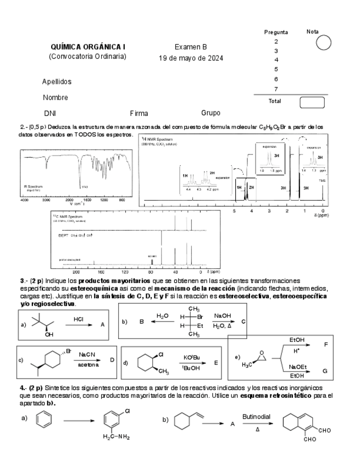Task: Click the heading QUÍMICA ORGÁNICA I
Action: (x=88, y=47)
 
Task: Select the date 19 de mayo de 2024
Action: (x=191, y=58)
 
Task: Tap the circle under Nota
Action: (x=324, y=42)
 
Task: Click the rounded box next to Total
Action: (x=312, y=102)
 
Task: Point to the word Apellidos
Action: (x=57, y=82)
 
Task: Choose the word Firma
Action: (x=139, y=114)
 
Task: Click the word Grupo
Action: (x=211, y=113)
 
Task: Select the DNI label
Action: (x=51, y=114)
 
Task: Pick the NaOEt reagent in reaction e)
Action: (x=297, y=367)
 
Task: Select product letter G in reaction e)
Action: (x=325, y=371)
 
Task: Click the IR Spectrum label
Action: (x=32, y=186)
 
